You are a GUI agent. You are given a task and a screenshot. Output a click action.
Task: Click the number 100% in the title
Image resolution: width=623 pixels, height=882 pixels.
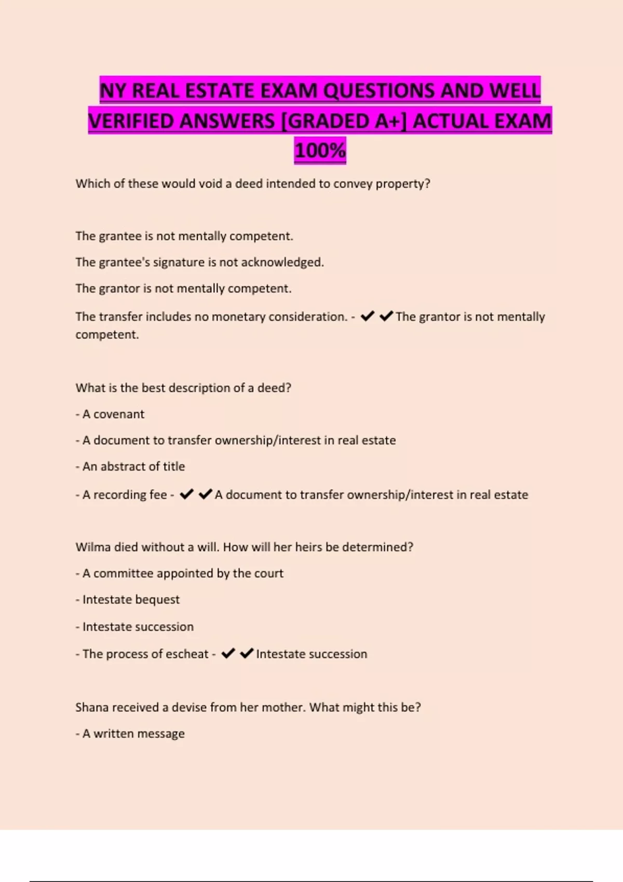tap(320, 151)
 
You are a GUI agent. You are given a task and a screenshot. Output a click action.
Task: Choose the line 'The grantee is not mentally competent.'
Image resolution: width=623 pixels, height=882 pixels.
tap(184, 236)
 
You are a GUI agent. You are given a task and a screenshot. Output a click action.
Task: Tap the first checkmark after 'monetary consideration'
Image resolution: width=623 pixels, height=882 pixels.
tap(368, 316)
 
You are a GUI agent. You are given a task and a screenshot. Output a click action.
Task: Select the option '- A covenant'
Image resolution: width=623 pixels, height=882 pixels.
tap(110, 414)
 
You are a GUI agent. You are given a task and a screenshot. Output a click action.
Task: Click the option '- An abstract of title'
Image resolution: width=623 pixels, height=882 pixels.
tap(130, 466)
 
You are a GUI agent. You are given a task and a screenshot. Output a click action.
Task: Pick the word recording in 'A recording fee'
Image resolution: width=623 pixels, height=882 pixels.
tap(119, 495)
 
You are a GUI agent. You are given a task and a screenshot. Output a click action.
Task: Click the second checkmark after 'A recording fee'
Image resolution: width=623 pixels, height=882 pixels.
tap(206, 494)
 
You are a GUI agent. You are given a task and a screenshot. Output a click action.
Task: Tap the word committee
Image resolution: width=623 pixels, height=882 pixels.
tap(123, 573)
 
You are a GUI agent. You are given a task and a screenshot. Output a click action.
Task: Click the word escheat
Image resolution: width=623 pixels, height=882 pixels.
tap(187, 654)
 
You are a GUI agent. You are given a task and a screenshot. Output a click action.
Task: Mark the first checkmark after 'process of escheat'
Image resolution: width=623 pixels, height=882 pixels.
tap(228, 653)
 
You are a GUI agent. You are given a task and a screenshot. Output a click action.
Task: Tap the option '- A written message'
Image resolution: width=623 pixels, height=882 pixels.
tap(130, 734)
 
